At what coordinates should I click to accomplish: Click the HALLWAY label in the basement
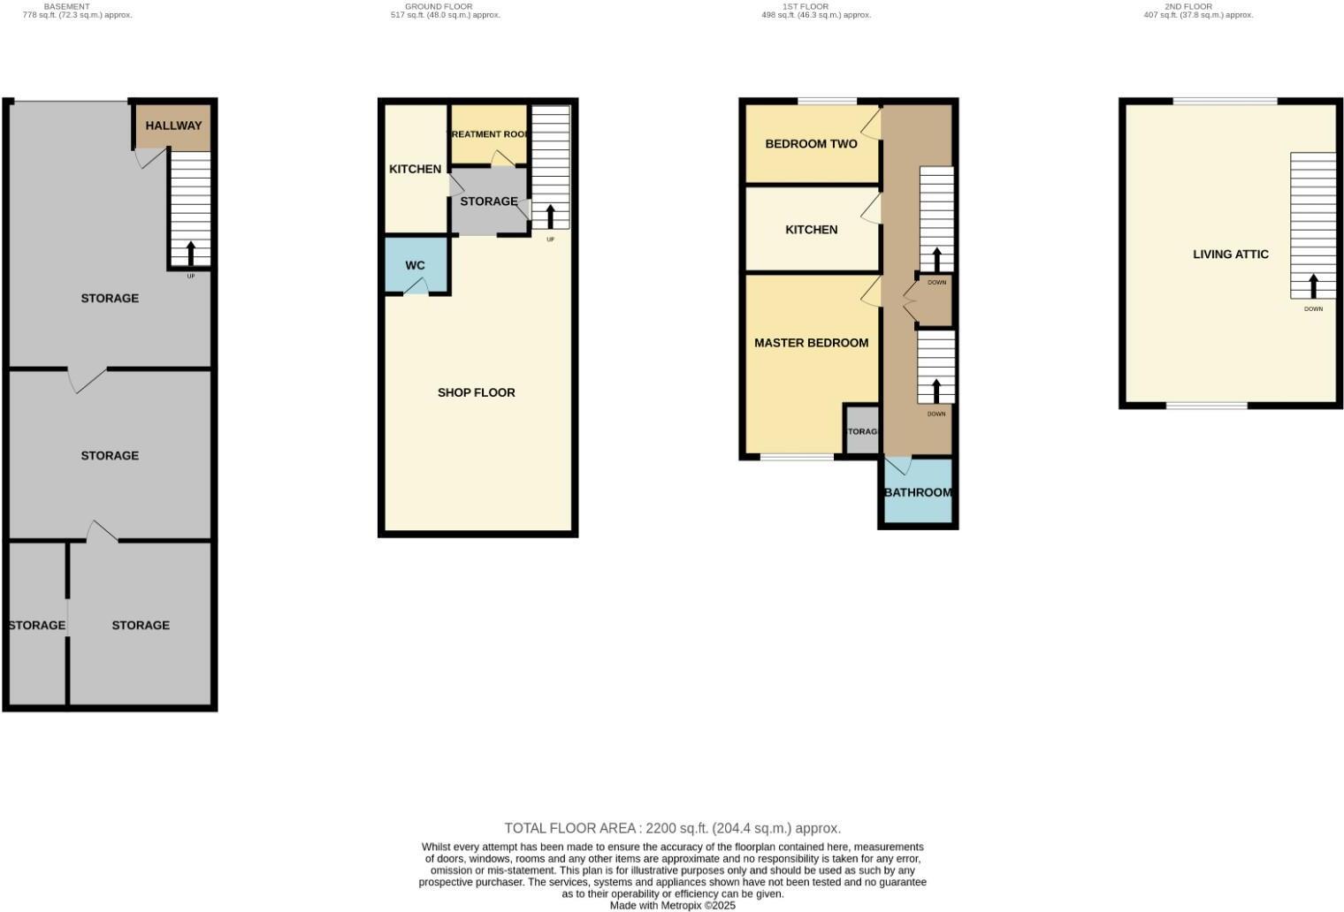[x=173, y=125]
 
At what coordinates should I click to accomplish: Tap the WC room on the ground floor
[x=416, y=265]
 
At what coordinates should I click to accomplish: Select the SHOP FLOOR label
[x=476, y=392]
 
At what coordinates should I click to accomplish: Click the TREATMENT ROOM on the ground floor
[x=489, y=134]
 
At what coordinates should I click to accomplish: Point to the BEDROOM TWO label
[x=811, y=144]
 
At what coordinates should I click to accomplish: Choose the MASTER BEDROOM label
[x=811, y=343]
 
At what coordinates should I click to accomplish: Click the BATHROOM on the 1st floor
[x=918, y=492]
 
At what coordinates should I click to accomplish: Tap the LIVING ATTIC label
[x=1230, y=255]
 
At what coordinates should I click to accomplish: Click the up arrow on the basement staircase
[x=190, y=254]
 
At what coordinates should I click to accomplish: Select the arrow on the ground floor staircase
[x=550, y=217]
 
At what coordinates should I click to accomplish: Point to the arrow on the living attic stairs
[x=1313, y=286]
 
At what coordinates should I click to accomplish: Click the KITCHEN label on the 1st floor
[x=811, y=230]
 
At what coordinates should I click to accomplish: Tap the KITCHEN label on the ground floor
[x=415, y=169]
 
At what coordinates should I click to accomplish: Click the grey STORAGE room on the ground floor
[x=488, y=201]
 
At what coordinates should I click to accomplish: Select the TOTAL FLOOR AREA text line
[x=672, y=828]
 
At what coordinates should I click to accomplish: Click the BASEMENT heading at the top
[x=67, y=6]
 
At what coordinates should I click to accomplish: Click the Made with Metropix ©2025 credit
[x=672, y=905]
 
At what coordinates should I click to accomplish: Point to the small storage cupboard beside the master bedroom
[x=861, y=431]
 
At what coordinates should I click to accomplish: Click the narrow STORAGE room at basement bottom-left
[x=36, y=625]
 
